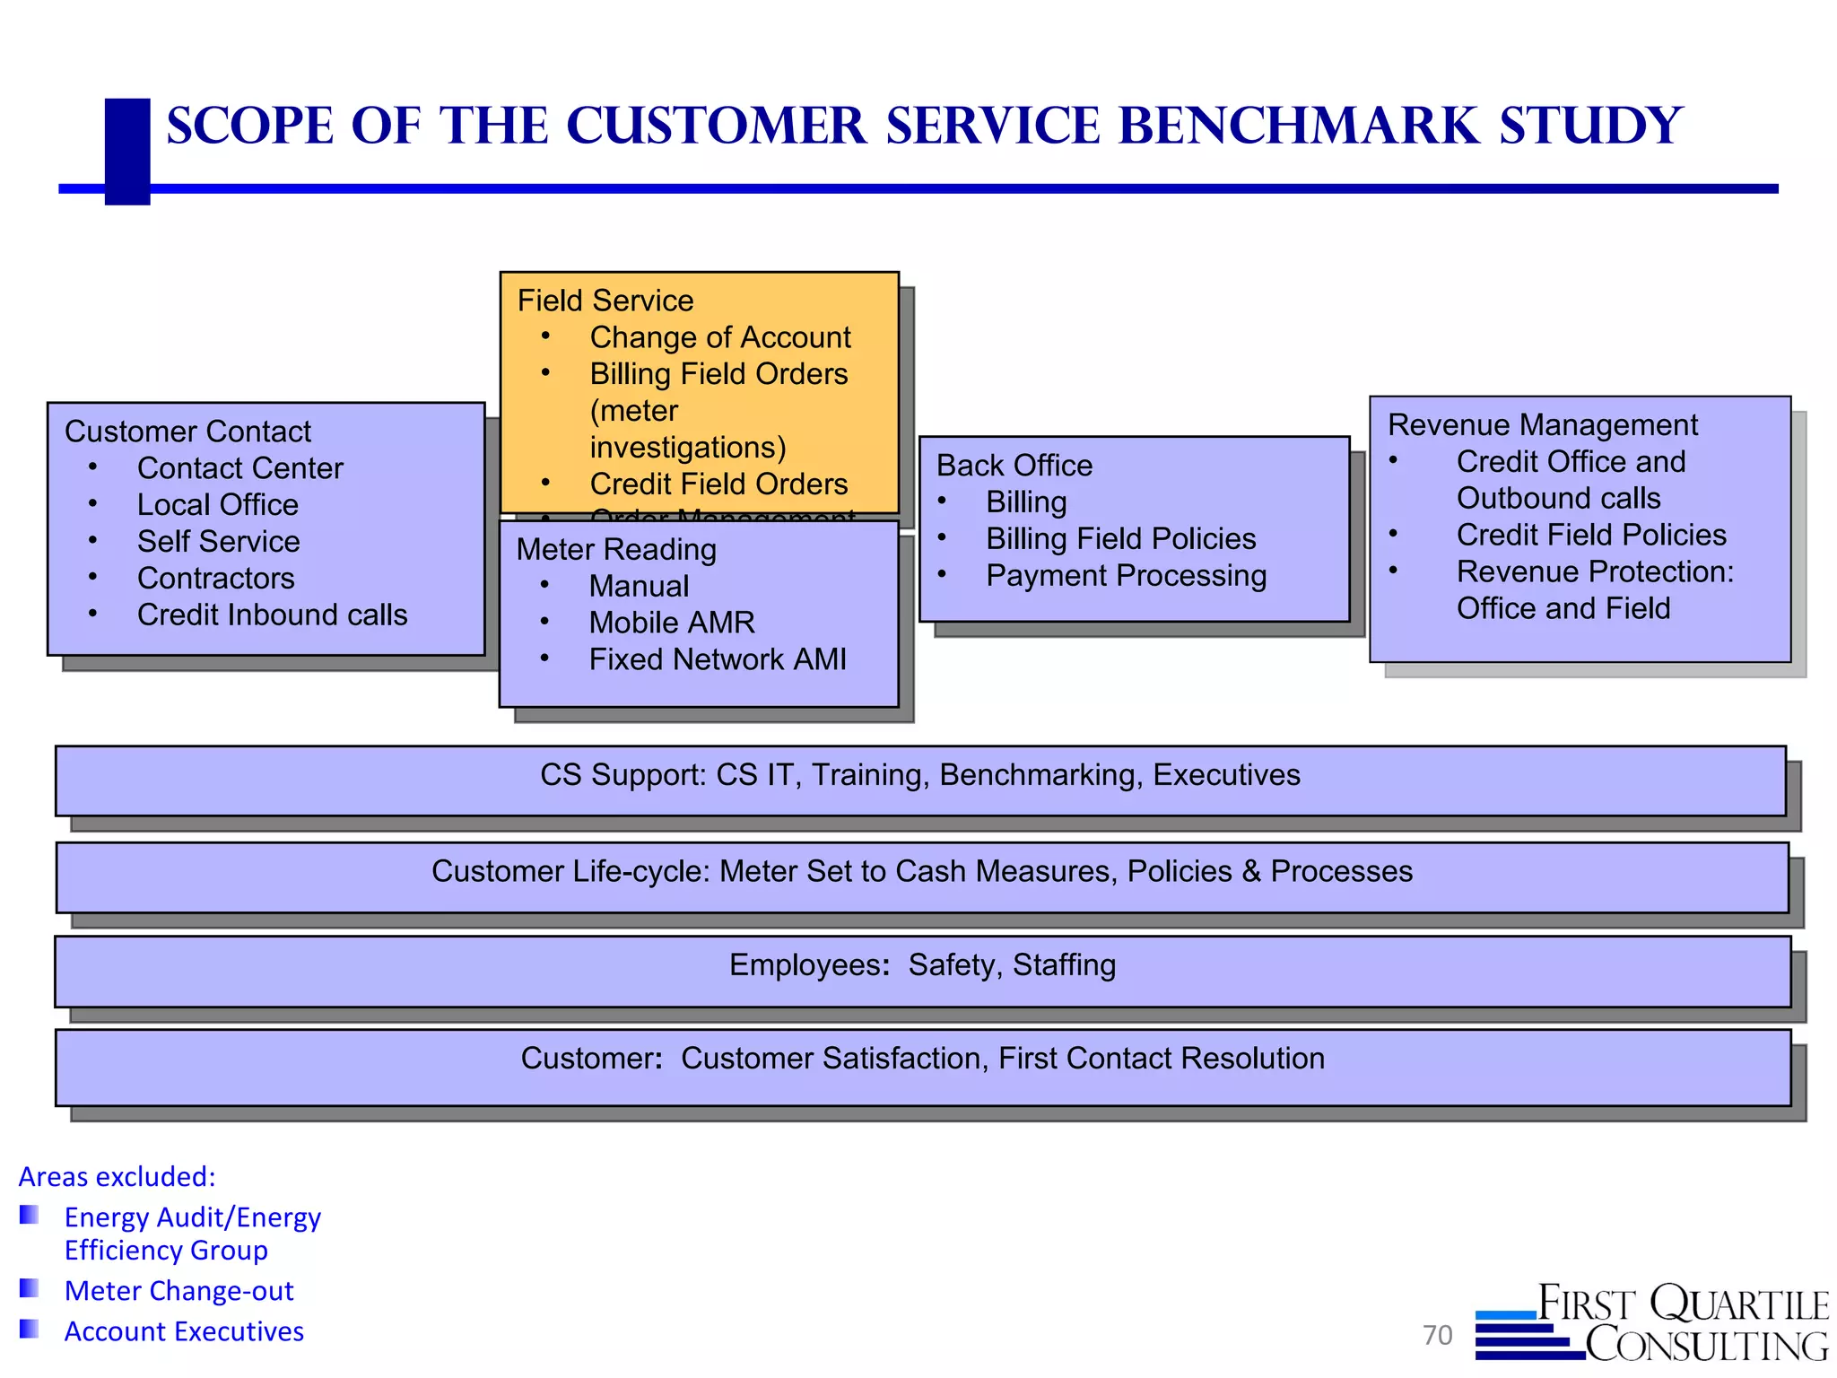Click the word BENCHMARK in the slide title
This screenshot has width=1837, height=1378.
point(1299,126)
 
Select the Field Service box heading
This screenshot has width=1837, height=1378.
point(605,301)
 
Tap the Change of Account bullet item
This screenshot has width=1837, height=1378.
point(719,337)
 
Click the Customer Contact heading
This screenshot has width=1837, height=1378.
point(187,432)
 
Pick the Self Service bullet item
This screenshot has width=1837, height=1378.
point(218,542)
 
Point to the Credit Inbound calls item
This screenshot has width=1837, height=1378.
point(272,615)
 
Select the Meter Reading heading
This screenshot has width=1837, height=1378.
point(616,549)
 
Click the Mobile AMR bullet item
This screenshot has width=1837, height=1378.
point(671,623)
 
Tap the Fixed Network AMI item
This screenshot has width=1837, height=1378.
point(717,659)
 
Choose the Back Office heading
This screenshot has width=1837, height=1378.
point(1014,466)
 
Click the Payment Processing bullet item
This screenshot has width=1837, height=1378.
point(1126,576)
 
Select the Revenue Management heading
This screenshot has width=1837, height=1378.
point(1542,425)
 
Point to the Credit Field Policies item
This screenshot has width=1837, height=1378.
point(1590,536)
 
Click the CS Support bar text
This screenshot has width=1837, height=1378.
point(919,775)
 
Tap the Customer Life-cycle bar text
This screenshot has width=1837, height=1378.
point(921,871)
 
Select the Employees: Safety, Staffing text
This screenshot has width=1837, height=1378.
point(922,965)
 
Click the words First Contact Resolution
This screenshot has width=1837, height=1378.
point(1161,1059)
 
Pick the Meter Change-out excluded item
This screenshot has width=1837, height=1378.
point(178,1291)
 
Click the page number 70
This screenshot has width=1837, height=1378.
point(1437,1335)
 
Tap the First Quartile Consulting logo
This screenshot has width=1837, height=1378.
point(1652,1324)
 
